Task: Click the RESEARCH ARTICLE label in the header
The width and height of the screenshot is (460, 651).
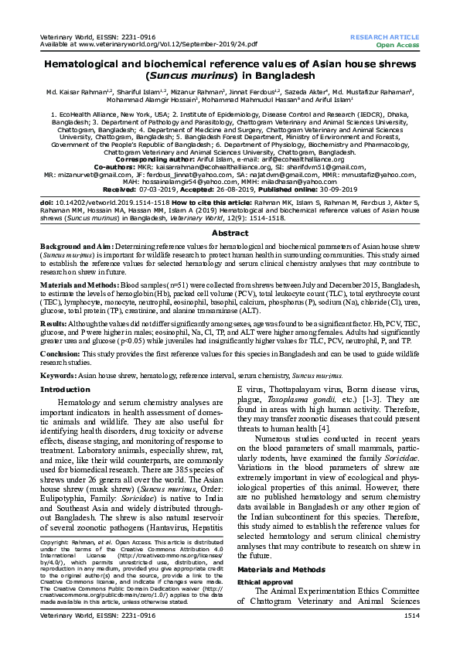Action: coord(385,36)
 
